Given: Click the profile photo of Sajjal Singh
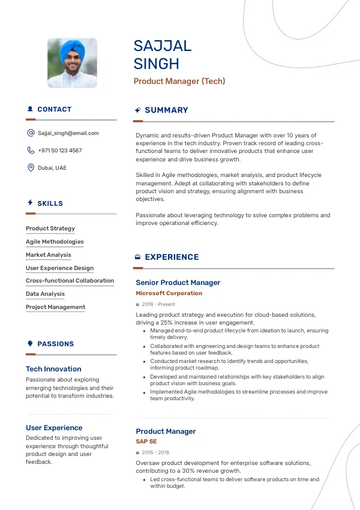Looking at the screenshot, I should click(72, 63).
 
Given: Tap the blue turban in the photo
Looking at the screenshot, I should click(73, 48).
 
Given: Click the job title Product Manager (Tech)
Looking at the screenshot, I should click(179, 81).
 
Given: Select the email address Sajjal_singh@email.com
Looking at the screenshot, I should click(68, 133).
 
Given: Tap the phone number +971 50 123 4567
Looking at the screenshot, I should click(60, 151).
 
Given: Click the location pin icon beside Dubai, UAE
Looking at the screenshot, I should click(31, 167).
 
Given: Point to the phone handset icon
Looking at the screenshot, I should click(31, 151).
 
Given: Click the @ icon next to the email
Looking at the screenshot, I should click(31, 133).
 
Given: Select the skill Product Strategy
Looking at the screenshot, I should click(50, 229).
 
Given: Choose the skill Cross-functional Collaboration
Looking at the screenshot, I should click(70, 281).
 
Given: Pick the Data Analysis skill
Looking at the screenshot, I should click(45, 294).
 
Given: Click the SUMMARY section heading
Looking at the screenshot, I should click(166, 110).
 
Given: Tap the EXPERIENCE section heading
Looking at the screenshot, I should click(172, 257).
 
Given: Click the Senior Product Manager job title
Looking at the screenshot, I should click(178, 283).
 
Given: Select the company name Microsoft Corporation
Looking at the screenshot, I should click(169, 293).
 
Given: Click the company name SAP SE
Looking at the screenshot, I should click(146, 442).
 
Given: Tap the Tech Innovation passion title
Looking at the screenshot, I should click(53, 369).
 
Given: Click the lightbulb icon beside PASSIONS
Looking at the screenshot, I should click(30, 344).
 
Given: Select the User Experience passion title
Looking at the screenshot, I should click(54, 428).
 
